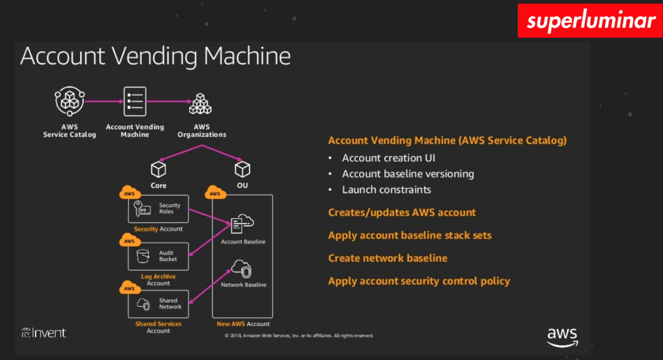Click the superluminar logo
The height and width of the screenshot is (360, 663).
pos(590,21)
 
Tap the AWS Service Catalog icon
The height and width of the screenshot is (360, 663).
pos(69,101)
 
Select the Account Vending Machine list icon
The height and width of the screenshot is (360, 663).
pos(135,102)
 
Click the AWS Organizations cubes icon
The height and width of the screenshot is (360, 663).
pos(200,104)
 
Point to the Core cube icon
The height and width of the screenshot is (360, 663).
pos(158,169)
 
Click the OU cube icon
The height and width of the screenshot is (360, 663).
pos(242,169)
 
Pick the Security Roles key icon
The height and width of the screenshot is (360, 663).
pos(142,209)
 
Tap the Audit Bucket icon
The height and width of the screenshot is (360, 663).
pos(143,256)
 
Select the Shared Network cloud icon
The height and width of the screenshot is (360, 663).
pos(144,304)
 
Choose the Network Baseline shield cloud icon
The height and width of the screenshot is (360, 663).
pos(242,269)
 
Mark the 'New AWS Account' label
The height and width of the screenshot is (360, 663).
pos(243,324)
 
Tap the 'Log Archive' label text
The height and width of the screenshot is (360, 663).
pos(158,276)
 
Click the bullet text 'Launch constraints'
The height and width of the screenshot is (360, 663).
pos(386,190)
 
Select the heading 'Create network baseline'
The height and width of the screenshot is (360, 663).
pos(388,258)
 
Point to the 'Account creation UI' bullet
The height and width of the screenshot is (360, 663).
pos(389,158)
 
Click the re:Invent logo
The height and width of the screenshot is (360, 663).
pos(44,333)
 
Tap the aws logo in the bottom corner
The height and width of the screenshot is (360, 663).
pos(562,337)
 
